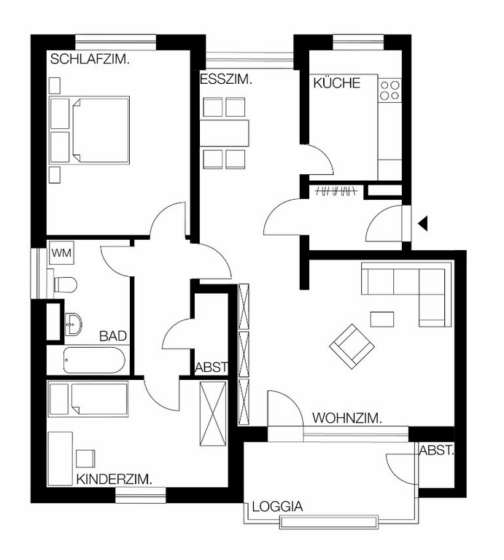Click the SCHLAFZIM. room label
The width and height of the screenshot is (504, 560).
click(90, 60)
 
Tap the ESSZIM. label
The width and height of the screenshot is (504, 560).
click(226, 80)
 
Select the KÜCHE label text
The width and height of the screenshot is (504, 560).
click(336, 83)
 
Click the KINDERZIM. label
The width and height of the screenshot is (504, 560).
click(114, 479)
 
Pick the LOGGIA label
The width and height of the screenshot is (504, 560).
click(277, 507)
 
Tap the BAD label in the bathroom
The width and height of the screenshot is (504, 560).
click(113, 336)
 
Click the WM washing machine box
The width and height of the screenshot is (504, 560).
click(61, 253)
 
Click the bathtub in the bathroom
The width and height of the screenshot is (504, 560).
click(94, 360)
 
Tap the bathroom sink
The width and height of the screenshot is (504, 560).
click(73, 321)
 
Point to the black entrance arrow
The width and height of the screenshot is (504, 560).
click(422, 224)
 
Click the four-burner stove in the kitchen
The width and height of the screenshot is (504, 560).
click(389, 90)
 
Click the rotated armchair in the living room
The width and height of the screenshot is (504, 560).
click(349, 345)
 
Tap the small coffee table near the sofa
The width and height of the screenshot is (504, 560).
click(381, 319)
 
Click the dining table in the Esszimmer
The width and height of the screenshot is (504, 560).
click(225, 132)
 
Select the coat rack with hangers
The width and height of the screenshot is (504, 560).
click(335, 192)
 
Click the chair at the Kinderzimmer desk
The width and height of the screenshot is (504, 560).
click(85, 458)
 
